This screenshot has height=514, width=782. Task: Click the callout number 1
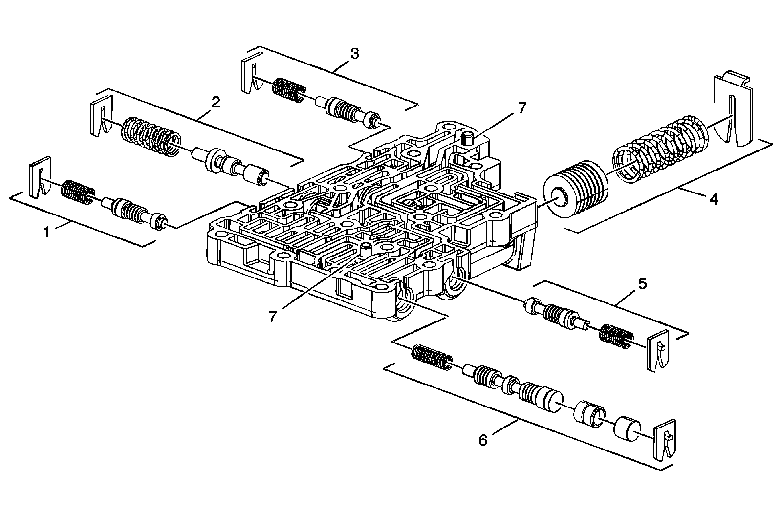point(47,232)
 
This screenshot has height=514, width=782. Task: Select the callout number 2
point(216,102)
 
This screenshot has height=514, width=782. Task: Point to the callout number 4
point(714,199)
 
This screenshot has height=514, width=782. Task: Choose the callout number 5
point(642,283)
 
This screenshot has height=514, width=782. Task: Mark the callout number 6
point(483,440)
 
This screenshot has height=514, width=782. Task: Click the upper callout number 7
point(521,108)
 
